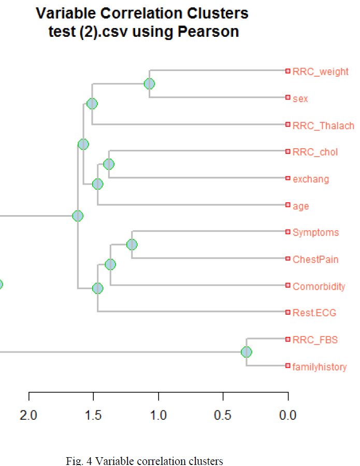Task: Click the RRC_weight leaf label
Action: coord(320,72)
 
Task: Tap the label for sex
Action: coord(300,98)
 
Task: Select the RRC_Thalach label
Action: coord(323,125)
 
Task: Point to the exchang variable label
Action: coord(311,179)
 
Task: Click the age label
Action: coord(300,206)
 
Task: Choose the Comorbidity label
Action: coord(319,287)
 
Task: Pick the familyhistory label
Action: coord(320,367)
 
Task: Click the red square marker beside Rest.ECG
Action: coord(287,312)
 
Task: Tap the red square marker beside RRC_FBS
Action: coord(287,339)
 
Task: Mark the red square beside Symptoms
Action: coord(287,231)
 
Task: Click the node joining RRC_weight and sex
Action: coord(149,83)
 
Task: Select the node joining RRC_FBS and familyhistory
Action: coord(247,352)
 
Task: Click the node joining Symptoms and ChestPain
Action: coord(132,244)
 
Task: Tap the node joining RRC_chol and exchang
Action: coord(109,164)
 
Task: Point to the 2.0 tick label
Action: coord(28,415)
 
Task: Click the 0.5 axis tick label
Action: coord(223,415)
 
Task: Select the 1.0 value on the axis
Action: coord(158,415)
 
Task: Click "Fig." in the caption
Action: coord(75,461)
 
